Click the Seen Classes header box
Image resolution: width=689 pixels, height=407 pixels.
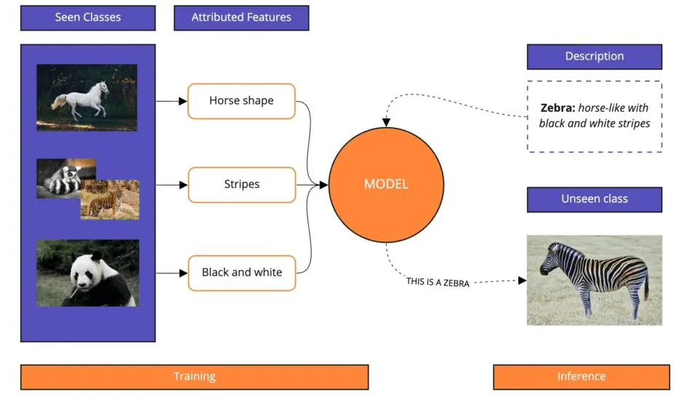click(88, 18)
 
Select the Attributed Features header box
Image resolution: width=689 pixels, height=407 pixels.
click(241, 18)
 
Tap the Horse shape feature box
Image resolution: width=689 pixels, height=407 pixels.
click(241, 101)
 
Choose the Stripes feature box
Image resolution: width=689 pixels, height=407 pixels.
click(241, 185)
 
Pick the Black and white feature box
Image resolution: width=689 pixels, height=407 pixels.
click(241, 273)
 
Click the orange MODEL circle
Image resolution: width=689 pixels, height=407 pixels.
click(386, 185)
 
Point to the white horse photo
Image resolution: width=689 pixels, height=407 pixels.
click(86, 97)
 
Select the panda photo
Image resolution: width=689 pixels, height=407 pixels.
click(86, 273)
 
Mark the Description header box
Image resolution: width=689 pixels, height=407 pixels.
click(594, 57)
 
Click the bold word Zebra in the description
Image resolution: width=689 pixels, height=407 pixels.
click(557, 108)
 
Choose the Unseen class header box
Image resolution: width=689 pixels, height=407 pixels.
click(594, 199)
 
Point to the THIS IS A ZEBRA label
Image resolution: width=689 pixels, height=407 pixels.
click(438, 282)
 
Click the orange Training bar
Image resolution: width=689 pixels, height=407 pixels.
click(194, 376)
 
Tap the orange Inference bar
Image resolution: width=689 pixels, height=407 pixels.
click(581, 376)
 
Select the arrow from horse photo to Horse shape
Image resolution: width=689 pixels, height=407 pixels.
click(172, 101)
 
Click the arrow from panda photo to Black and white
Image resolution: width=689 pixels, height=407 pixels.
click(172, 273)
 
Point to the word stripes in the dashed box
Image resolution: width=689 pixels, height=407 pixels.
click(632, 123)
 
